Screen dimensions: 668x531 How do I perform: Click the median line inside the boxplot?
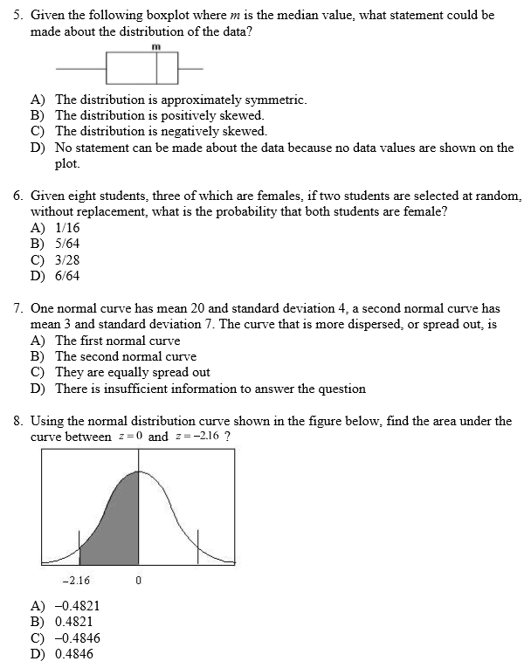click(x=157, y=66)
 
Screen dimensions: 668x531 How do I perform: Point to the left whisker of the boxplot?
click(x=80, y=67)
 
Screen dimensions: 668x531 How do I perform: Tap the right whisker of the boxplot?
click(x=190, y=67)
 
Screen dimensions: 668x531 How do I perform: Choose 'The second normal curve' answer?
click(x=126, y=356)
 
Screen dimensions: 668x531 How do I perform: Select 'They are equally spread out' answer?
click(x=133, y=372)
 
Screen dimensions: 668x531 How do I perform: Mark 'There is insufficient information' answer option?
click(x=210, y=389)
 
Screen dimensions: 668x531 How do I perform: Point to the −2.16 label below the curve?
click(x=76, y=580)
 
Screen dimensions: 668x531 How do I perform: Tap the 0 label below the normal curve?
click(x=139, y=580)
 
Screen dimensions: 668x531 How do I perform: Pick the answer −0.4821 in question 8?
click(x=77, y=605)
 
